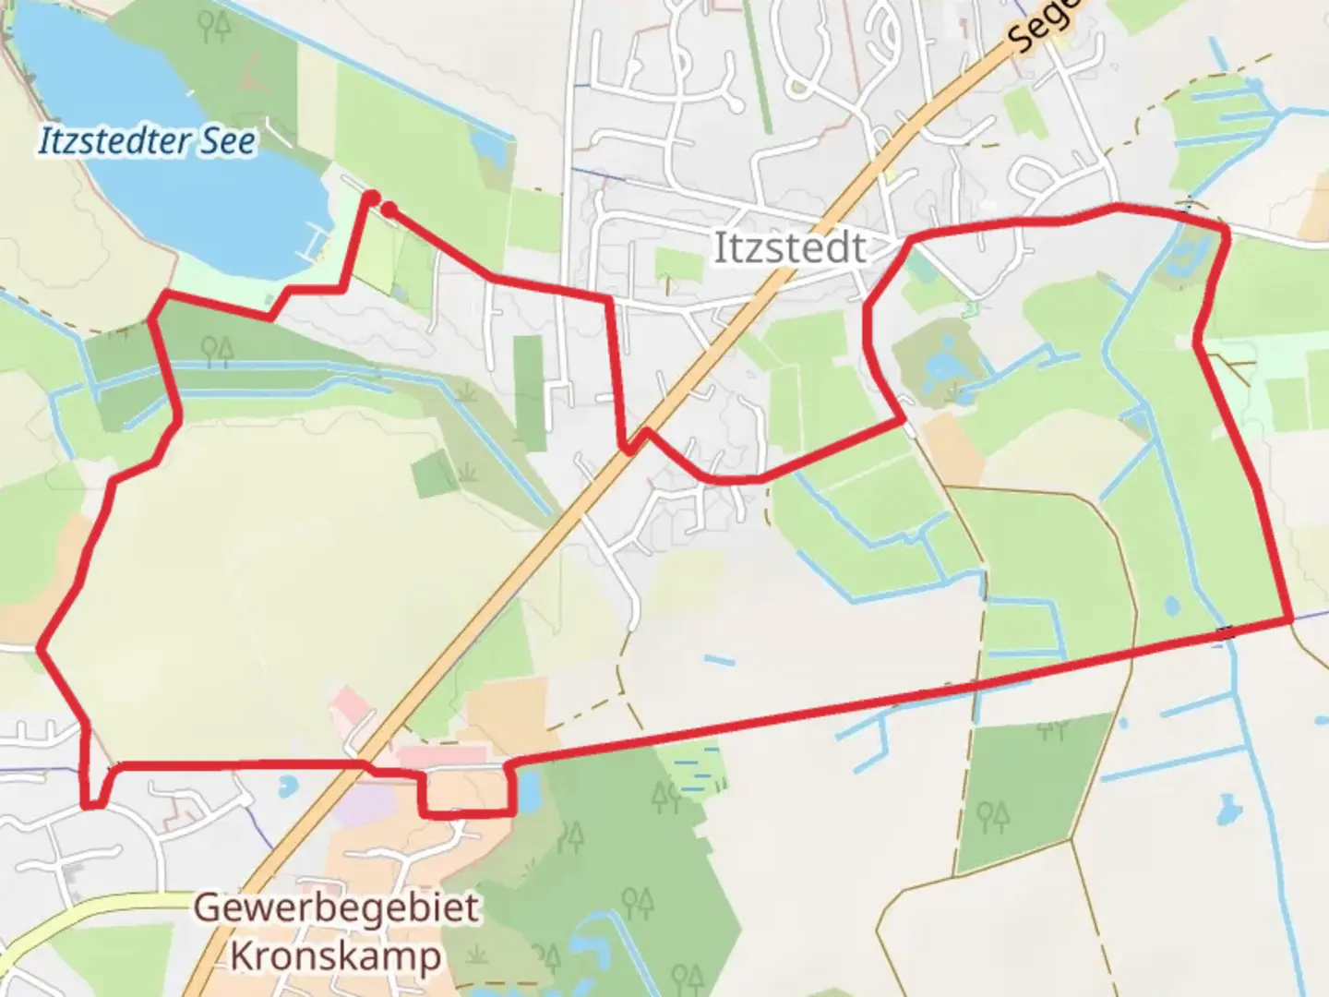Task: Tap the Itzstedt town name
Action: [790, 248]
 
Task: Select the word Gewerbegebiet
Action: [336, 907]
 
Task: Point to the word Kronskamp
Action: [336, 955]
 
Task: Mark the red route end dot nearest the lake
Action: [371, 197]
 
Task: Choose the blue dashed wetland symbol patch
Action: [697, 773]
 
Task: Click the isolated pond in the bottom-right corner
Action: [1229, 810]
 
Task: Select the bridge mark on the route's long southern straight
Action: [1225, 632]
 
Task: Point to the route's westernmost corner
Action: [40, 648]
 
